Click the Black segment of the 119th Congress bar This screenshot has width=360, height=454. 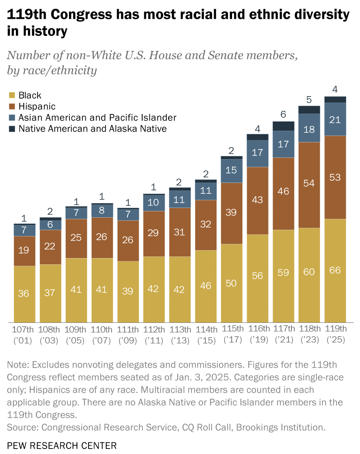click(x=335, y=270)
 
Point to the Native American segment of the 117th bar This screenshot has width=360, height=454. click(x=283, y=126)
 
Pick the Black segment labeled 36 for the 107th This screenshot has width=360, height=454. click(x=24, y=293)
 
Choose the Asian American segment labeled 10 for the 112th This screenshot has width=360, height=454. click(x=154, y=203)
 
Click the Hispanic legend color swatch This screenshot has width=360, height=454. click(x=11, y=107)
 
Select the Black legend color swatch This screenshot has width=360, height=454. click(x=11, y=96)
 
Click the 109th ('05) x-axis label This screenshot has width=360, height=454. click(x=76, y=334)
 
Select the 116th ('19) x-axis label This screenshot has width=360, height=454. click(x=258, y=334)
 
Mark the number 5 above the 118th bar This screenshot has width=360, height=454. click(x=309, y=99)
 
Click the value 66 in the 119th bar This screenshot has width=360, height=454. click(x=335, y=270)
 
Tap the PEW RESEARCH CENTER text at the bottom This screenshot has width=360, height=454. click(x=62, y=445)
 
